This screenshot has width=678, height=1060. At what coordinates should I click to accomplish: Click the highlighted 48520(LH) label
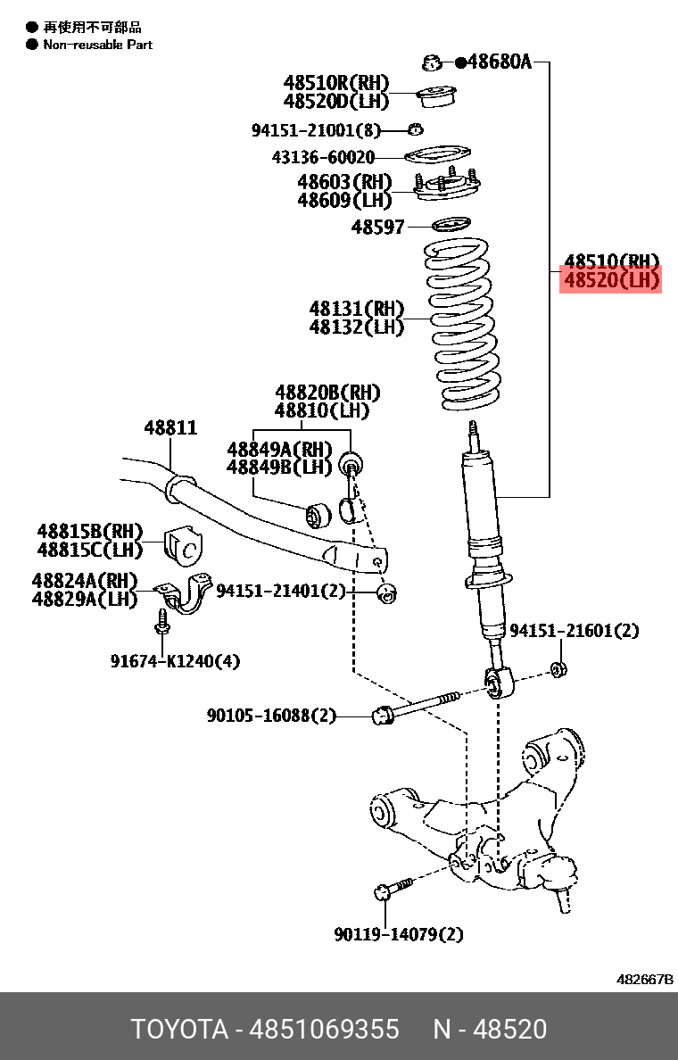click(x=611, y=281)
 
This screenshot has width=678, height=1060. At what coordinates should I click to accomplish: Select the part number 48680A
click(x=499, y=62)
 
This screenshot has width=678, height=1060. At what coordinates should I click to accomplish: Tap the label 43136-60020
click(x=323, y=158)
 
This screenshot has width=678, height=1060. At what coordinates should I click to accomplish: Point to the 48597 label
click(x=377, y=228)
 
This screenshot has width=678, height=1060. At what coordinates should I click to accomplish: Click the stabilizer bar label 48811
click(x=170, y=428)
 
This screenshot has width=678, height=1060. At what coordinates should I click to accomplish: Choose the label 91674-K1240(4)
click(x=175, y=661)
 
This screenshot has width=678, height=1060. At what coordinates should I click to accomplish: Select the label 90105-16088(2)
click(x=271, y=715)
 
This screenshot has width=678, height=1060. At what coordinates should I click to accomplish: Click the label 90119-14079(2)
click(x=399, y=934)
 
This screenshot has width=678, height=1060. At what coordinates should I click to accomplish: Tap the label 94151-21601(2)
click(x=574, y=631)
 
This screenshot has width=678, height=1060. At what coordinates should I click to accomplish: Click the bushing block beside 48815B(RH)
click(x=184, y=547)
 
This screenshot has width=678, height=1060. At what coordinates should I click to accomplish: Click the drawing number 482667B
click(x=644, y=979)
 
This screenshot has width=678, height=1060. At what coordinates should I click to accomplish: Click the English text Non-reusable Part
click(x=98, y=45)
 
